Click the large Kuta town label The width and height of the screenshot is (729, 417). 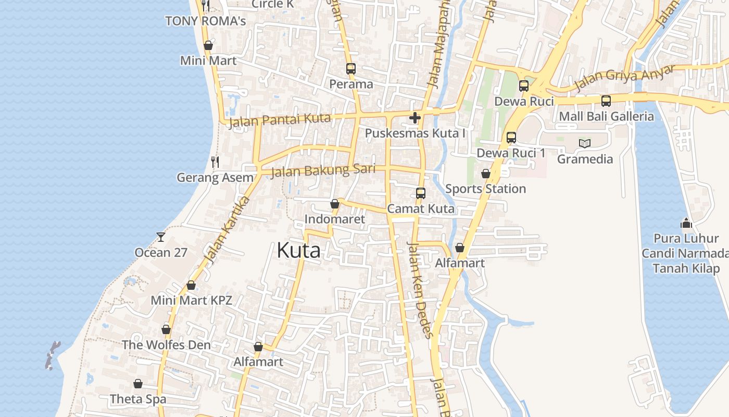click(298, 251)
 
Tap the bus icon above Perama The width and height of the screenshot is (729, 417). click(351, 68)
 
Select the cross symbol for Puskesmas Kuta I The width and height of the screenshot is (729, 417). click(414, 118)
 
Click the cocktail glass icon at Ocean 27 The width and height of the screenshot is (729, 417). click(160, 237)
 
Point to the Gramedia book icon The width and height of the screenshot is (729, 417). click(585, 143)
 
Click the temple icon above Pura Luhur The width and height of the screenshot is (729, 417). click(686, 223)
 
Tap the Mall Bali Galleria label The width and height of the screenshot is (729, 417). click(606, 116)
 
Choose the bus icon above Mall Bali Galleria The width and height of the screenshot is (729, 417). click(606, 101)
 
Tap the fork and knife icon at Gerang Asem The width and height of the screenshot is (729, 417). click(215, 162)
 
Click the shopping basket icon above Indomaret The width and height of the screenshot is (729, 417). click(335, 204)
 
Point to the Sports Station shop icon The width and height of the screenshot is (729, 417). click(485, 174)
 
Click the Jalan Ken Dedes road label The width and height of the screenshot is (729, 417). click(418, 290)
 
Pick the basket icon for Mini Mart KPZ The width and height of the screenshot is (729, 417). click(191, 285)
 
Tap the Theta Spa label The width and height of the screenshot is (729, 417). click(138, 399)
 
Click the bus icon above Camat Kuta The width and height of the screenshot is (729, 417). click(421, 193)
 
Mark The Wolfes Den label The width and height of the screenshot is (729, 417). click(166, 345)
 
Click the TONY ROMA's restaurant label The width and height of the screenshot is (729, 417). click(205, 21)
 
